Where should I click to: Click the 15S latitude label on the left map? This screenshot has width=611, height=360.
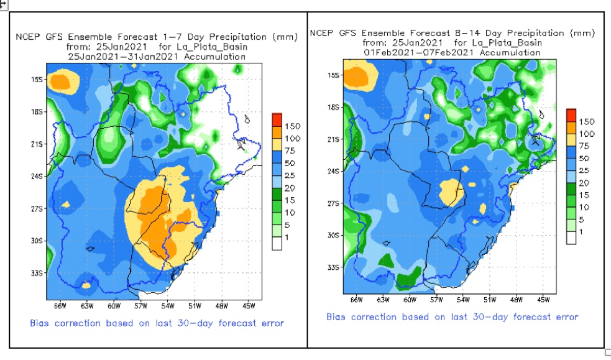click(x=37, y=80)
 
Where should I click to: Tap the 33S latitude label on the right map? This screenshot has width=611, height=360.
click(x=334, y=268)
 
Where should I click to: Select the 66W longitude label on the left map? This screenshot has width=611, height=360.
click(x=60, y=306)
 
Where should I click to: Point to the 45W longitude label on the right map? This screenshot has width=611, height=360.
click(x=543, y=300)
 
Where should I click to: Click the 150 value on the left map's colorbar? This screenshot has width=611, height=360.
click(x=293, y=126)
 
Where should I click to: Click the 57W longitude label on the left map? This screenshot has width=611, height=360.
click(x=140, y=306)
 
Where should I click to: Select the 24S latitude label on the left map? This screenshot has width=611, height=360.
click(x=37, y=176)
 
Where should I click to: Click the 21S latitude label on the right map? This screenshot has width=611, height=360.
click(x=334, y=139)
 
